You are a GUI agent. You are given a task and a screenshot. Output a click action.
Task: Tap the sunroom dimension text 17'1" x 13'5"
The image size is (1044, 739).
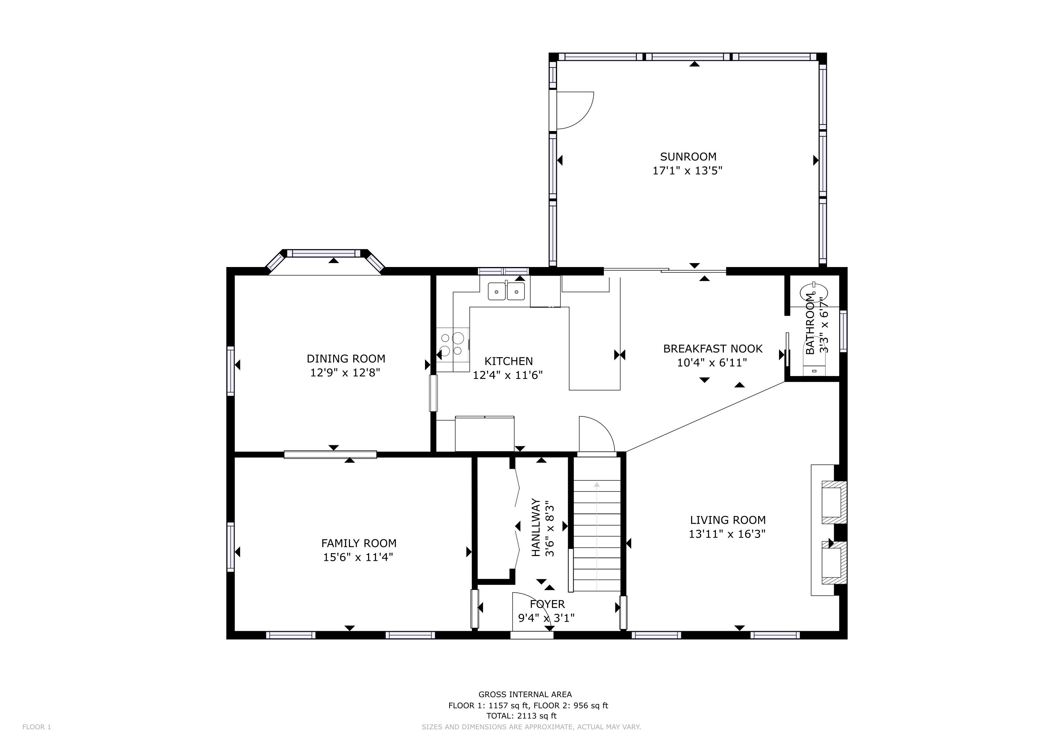click(687, 171)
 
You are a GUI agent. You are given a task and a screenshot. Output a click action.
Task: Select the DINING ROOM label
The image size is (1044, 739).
click(346, 359)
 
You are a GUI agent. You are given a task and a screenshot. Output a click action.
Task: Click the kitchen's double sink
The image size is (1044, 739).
click(506, 291)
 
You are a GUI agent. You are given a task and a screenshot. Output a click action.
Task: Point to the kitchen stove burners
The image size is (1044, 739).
click(452, 345)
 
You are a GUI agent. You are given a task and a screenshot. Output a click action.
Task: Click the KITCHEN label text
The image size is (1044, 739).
click(508, 361)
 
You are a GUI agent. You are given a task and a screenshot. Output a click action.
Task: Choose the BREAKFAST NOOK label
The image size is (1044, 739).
click(712, 349)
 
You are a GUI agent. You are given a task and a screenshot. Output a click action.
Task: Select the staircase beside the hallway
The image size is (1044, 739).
click(597, 523)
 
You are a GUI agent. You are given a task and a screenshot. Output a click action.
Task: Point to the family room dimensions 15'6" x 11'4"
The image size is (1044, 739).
click(358, 557)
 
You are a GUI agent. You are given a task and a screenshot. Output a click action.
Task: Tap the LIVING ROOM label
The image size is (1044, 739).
click(727, 520)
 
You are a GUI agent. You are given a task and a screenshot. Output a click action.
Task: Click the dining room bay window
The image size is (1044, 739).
click(325, 261)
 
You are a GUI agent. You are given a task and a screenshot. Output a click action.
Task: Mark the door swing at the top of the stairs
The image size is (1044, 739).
click(597, 434)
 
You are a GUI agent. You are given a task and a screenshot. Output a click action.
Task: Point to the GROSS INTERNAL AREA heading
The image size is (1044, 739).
click(525, 694)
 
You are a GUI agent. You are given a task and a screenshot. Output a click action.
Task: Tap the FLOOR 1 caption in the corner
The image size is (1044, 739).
click(37, 727)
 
